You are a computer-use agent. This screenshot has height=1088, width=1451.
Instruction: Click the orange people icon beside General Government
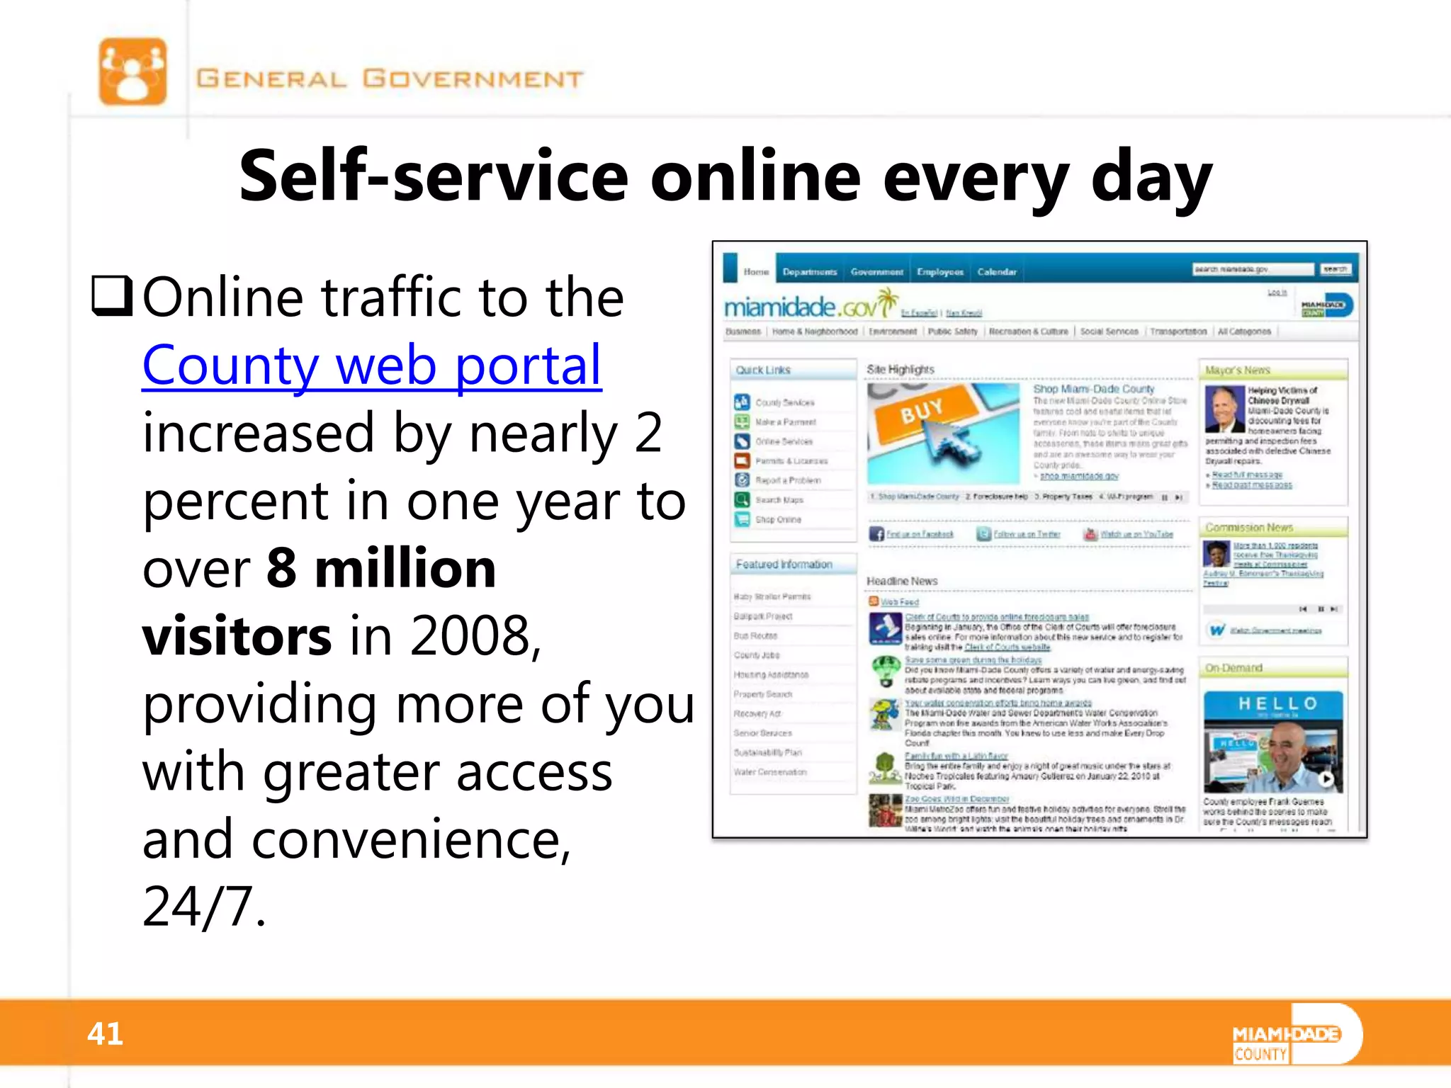click(132, 72)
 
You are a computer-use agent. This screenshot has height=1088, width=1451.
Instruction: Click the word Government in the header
click(473, 78)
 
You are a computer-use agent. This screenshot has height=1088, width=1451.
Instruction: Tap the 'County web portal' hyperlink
click(371, 365)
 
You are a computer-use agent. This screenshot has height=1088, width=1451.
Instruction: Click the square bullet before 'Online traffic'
click(112, 296)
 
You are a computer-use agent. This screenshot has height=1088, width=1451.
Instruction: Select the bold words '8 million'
click(380, 569)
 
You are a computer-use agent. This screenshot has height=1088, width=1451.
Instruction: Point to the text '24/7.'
click(204, 907)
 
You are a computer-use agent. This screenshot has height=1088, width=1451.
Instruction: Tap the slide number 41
click(105, 1033)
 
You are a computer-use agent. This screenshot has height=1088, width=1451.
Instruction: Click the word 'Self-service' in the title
click(432, 176)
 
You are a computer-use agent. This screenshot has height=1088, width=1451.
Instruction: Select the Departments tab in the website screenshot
click(809, 272)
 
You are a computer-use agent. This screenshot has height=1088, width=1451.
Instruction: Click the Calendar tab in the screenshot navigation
click(996, 272)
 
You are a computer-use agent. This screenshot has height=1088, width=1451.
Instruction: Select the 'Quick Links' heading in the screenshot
click(762, 370)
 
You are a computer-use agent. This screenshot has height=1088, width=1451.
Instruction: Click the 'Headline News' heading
click(902, 581)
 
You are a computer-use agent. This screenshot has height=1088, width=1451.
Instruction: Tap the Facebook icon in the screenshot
click(876, 534)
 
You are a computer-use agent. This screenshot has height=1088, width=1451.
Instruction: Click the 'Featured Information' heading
click(784, 565)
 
